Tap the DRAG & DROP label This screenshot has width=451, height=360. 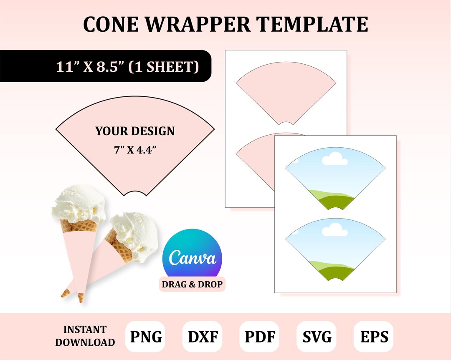(x=193, y=284)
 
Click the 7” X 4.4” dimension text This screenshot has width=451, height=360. (x=135, y=150)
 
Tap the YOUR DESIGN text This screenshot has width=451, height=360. (x=135, y=131)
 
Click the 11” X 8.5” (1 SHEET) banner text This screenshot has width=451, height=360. (x=128, y=66)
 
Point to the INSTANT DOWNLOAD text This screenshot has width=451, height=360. (x=85, y=336)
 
